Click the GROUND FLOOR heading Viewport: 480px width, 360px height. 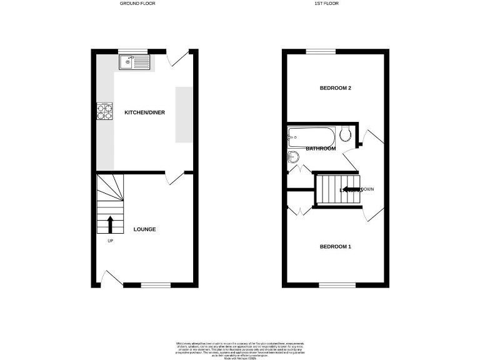point(137,4)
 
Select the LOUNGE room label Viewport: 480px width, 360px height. point(144,229)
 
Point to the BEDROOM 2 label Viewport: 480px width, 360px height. point(335,88)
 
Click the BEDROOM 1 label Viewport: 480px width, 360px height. point(335,247)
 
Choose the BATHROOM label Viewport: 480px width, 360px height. point(321,149)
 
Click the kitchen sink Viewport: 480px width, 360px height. point(134,62)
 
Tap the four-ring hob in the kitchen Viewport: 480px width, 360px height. point(104,111)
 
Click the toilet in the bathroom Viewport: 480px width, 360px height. point(345,134)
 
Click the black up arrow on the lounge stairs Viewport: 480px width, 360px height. point(111,224)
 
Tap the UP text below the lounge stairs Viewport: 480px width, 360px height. point(110,241)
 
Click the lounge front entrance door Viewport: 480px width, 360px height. point(111,278)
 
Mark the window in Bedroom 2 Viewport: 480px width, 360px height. point(321,52)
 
